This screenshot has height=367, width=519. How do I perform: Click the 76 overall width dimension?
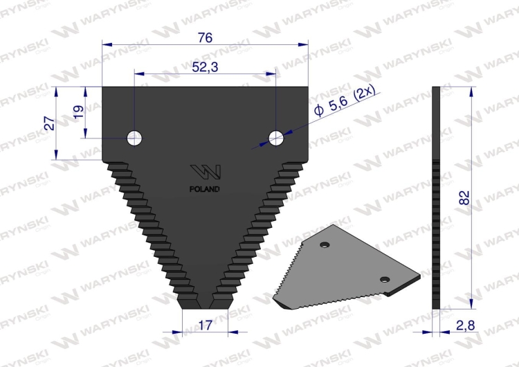[x=205, y=38]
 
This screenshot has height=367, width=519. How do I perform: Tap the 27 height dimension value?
[x=49, y=123]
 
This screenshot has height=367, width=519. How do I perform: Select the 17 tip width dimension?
[x=204, y=323]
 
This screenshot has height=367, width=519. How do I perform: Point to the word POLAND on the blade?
[x=206, y=188]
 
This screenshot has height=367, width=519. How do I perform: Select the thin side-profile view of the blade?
[x=435, y=197]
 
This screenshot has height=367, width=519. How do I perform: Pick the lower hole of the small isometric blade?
[x=386, y=278]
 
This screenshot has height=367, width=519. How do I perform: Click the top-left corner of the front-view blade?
[x=103, y=87]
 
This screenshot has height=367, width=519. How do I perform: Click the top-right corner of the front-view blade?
[x=307, y=87]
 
